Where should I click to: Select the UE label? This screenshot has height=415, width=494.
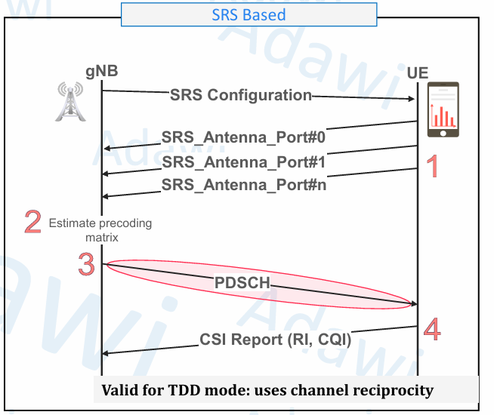tap(418, 73)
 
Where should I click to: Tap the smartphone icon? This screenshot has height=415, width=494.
tap(443, 110)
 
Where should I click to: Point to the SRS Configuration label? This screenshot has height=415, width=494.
tap(240, 95)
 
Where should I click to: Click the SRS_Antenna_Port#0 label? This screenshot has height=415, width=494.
tap(243, 138)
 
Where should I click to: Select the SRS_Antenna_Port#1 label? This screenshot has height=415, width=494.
tap(243, 161)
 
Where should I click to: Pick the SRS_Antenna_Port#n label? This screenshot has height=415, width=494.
tap(244, 183)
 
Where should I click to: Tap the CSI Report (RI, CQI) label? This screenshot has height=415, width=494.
tap(276, 340)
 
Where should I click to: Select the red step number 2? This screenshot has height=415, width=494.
tap(32, 222)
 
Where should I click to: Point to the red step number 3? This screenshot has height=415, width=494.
tap(86, 265)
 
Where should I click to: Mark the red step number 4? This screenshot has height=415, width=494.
tap(432, 329)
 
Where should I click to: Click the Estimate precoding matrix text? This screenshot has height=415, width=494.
tap(100, 229)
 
